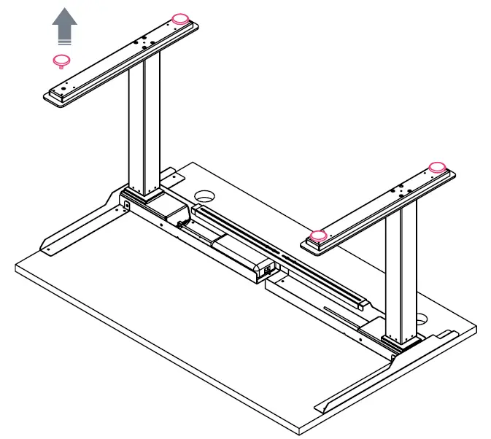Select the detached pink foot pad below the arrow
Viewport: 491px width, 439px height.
click(62, 61)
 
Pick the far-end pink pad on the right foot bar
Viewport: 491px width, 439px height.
click(437, 167)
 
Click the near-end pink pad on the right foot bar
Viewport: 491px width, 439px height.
click(318, 236)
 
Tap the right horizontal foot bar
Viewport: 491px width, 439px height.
click(379, 208)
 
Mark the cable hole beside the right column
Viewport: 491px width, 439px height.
click(422, 319)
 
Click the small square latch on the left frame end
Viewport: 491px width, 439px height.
click(127, 206)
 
